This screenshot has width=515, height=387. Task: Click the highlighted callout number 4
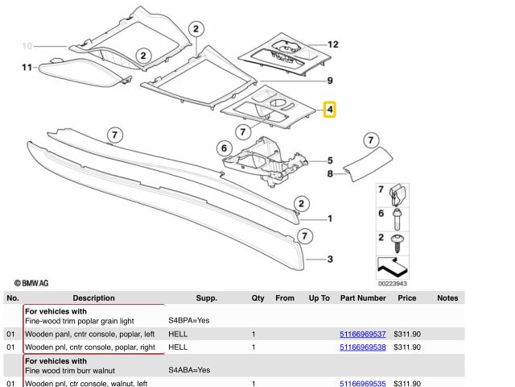(x=330, y=109)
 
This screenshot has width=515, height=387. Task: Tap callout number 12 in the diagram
(x=333, y=44)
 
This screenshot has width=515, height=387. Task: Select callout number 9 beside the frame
(x=329, y=79)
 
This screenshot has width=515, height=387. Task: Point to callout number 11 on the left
(x=26, y=68)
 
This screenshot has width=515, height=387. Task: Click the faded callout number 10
(x=27, y=46)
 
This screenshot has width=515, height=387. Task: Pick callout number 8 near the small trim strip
(x=330, y=173)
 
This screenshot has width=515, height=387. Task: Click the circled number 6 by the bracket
(x=225, y=148)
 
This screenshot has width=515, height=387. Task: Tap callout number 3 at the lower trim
(x=330, y=260)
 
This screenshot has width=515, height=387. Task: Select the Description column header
(x=93, y=298)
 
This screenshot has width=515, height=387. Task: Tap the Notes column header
(x=447, y=298)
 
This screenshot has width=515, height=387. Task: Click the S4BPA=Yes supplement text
(x=189, y=321)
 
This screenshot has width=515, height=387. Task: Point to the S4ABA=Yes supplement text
(x=189, y=370)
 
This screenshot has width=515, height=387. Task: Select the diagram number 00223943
(x=392, y=283)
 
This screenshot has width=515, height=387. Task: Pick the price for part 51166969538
(x=407, y=347)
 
